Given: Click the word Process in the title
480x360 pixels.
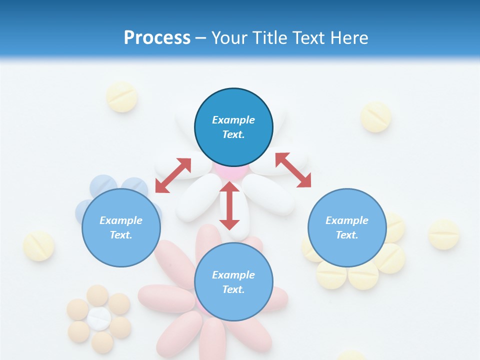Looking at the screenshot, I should tap(157, 37).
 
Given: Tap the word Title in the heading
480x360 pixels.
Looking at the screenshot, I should tap(271, 37).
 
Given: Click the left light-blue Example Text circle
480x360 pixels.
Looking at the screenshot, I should tap(121, 227).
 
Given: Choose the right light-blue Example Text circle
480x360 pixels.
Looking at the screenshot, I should tap(347, 227).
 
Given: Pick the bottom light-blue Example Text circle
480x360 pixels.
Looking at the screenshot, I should tap(233, 282).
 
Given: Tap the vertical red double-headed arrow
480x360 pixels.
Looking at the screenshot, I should tap(229, 205).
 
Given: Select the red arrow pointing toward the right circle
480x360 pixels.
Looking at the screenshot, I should tap(293, 170).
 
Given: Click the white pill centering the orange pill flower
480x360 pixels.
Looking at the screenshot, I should tap(99, 318).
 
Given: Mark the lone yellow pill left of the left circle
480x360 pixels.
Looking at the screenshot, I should tap(38, 246).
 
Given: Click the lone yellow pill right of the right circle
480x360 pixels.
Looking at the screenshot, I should tap(443, 234).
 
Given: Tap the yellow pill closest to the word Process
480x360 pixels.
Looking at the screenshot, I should tap(122, 96).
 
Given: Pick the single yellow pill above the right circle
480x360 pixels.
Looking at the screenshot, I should tap(375, 117).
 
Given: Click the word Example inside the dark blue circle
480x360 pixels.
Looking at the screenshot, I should tap(233, 120).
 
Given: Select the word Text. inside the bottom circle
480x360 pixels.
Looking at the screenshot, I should tap(233, 289).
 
